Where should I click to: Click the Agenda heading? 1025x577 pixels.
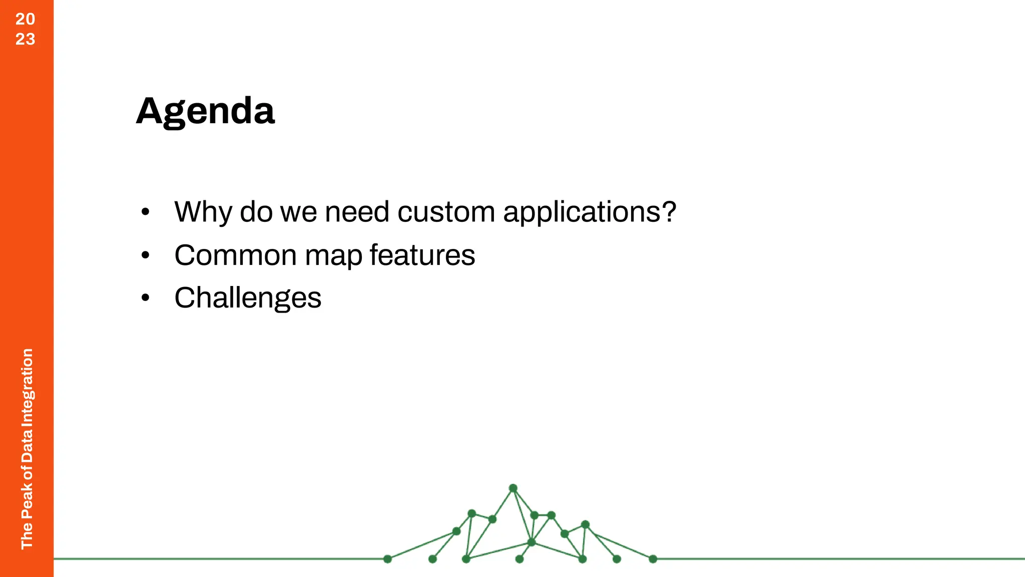coord(205,111)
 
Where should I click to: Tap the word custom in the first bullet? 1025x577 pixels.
coord(446,212)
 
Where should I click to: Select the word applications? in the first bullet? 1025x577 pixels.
coord(590,212)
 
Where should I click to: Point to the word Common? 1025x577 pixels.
coord(235,255)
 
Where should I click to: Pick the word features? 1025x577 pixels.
coord(422,255)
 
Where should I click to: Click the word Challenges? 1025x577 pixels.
coord(248,299)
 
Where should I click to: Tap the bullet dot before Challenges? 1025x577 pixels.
coord(145,298)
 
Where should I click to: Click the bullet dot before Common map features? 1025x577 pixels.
coord(145,255)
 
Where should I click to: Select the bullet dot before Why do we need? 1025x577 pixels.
coord(145,212)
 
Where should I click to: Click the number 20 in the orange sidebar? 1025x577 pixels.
coord(26,19)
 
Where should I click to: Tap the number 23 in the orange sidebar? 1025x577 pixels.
coord(26,39)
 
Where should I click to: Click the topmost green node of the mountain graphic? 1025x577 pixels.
coord(513,488)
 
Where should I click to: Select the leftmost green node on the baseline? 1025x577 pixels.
coord(387,559)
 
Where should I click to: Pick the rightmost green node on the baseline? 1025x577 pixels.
coord(653,559)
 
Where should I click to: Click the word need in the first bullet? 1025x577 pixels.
coord(357,212)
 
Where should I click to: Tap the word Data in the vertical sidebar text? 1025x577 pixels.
coord(27,445)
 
